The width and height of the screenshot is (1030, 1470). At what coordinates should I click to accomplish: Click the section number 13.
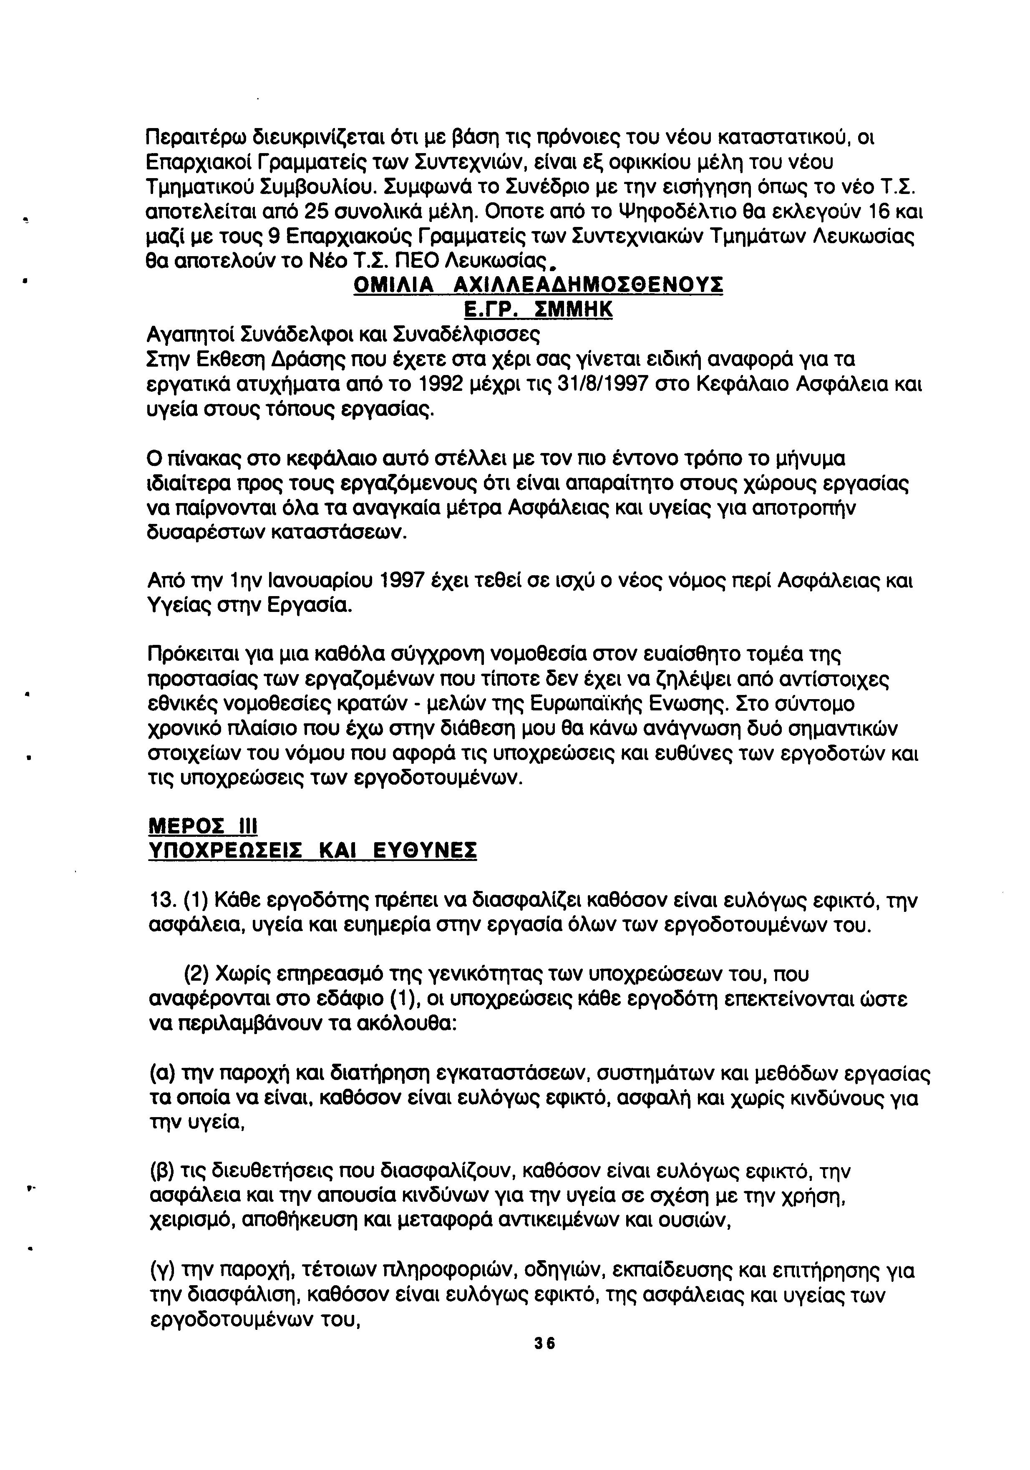[x=161, y=901]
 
